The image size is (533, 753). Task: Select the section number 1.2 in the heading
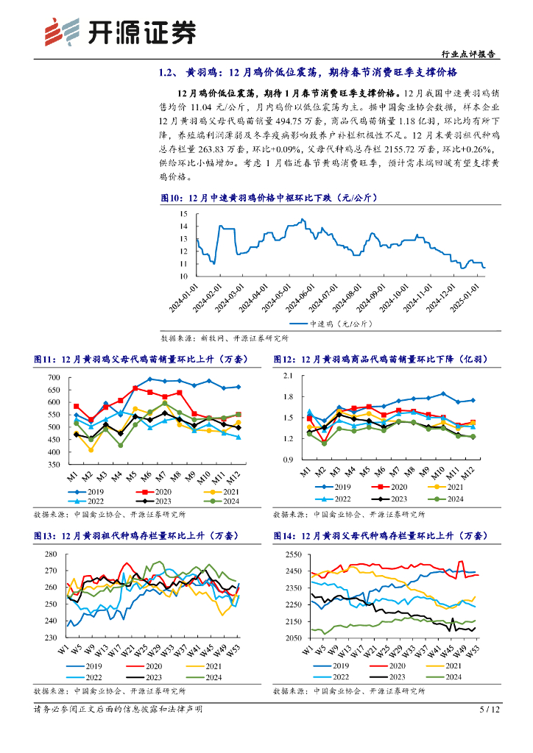(166, 73)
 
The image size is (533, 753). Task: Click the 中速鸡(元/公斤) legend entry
(336, 323)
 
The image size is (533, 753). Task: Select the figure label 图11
(45, 360)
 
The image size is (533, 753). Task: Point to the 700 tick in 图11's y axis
(54, 378)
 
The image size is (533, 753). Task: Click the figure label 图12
(284, 360)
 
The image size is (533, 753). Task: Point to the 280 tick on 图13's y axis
(52, 554)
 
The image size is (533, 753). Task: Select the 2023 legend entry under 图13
(150, 677)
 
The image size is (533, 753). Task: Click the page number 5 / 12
(490, 710)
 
